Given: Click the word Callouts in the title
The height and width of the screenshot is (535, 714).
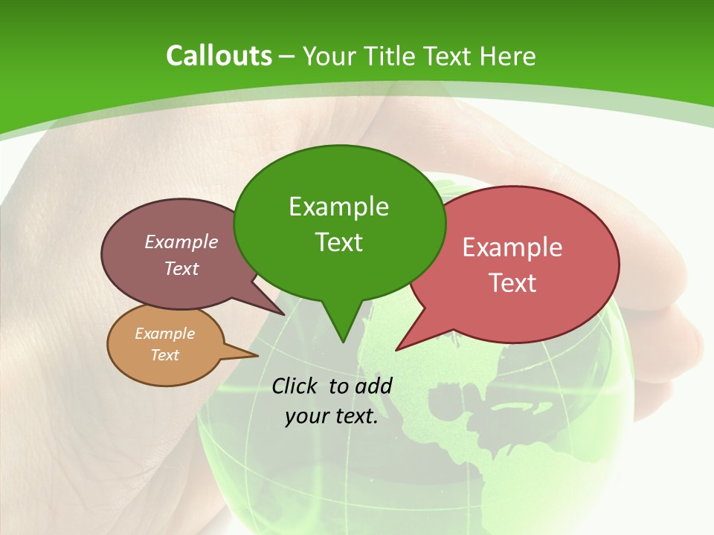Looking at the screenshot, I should tap(219, 56).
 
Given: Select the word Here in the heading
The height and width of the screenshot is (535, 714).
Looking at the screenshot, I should tap(508, 56).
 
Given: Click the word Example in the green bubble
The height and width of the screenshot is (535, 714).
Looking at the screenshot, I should tap(338, 207).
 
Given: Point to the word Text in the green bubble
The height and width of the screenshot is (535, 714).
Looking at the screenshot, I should tap(338, 242).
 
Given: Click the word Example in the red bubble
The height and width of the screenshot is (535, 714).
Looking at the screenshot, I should tap(512, 247).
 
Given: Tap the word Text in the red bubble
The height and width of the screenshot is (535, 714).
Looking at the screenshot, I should tap(512, 283).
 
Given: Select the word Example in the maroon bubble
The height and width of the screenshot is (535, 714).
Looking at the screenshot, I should tap(181, 241).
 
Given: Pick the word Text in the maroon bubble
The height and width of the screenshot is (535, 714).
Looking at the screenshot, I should tap(181, 269).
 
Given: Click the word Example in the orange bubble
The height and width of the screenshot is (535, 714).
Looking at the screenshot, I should tap(164, 334).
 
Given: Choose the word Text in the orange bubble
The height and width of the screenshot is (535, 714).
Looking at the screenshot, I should tap(164, 355).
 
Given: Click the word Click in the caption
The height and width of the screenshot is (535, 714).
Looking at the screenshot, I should tap(296, 386).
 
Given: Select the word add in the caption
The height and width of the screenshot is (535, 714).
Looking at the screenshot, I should tap(373, 386).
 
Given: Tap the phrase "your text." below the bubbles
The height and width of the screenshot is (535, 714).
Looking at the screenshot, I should tap(331, 416).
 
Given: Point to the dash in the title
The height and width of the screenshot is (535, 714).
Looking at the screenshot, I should tap(288, 57).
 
